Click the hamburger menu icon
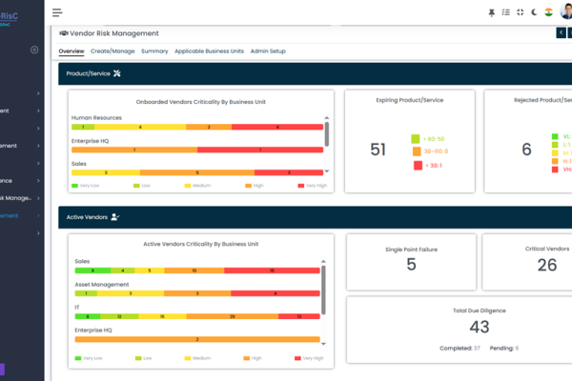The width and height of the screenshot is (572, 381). [57, 12]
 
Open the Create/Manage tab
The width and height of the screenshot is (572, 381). [112, 50]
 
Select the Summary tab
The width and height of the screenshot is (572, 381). [154, 50]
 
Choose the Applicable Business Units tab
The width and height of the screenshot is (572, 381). [208, 50]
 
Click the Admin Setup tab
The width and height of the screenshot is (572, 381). [268, 50]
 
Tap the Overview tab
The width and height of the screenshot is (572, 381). [71, 50]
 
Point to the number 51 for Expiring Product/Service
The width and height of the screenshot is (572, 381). [378, 150]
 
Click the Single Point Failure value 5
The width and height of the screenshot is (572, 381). [411, 264]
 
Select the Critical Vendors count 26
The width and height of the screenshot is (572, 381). [547, 264]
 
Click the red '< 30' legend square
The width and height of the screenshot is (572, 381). [418, 165]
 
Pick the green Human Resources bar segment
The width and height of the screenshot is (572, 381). [83, 126]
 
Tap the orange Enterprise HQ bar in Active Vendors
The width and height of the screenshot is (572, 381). [197, 339]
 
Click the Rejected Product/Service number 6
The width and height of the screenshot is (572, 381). [526, 150]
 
